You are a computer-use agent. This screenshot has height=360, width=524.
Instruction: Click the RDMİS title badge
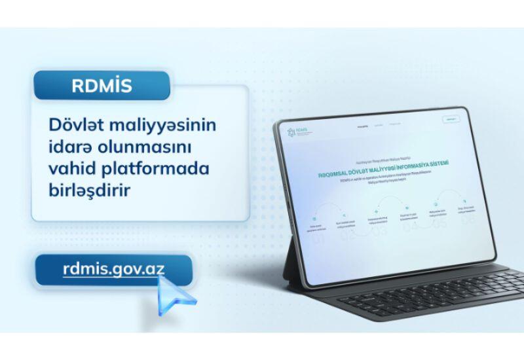point(102,85)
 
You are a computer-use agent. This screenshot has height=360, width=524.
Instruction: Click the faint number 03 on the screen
point(379,234)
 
